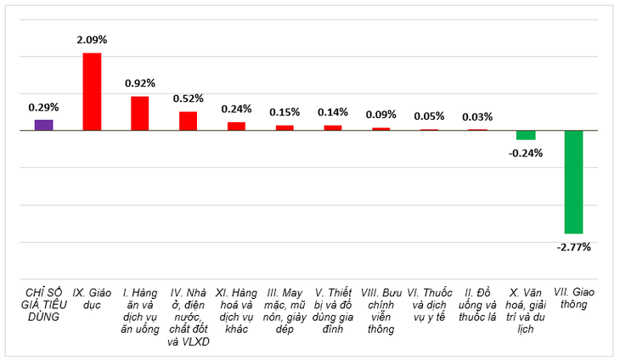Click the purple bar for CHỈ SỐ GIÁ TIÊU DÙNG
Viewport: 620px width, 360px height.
tap(44, 125)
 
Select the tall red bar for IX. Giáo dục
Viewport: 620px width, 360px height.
tap(92, 92)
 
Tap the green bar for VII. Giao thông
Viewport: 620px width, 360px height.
tap(574, 182)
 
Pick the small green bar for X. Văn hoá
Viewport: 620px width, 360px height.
tap(526, 135)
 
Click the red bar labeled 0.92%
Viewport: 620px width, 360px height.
tap(140, 114)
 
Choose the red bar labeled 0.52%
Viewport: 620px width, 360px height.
tap(189, 121)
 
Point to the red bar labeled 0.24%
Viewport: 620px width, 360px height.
tap(236, 126)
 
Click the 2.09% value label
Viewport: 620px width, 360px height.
tap(92, 40)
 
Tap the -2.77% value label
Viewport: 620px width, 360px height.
tap(574, 247)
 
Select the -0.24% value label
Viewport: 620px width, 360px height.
tap(526, 154)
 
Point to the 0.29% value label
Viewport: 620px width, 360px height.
tap(43, 107)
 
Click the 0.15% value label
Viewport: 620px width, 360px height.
tap(285, 112)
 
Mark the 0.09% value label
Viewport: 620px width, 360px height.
tap(380, 115)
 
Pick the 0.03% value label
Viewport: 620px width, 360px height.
tap(477, 117)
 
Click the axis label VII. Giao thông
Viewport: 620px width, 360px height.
tap(574, 298)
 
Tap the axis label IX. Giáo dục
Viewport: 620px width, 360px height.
tap(92, 299)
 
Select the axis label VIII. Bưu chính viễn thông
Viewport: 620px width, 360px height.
tap(380, 311)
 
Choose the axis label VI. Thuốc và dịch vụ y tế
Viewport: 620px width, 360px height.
tap(430, 305)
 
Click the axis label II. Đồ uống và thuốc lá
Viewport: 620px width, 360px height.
tap(477, 305)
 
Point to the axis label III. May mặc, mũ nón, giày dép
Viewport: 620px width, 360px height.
tap(285, 311)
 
